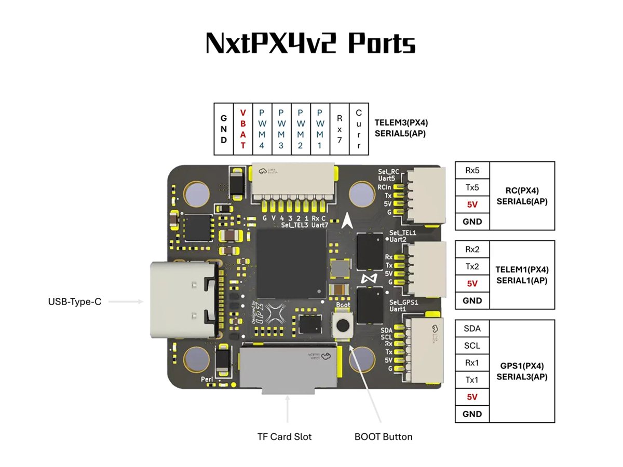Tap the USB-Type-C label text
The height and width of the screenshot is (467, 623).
tap(74, 301)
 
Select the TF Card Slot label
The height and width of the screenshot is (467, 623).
tap(285, 436)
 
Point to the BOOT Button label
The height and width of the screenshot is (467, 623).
tap(383, 436)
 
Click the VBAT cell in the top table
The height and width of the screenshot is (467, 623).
tap(242, 129)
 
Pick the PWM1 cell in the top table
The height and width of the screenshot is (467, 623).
tap(320, 129)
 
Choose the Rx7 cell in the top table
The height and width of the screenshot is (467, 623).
tap(340, 129)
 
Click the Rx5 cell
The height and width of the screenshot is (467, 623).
tap(472, 170)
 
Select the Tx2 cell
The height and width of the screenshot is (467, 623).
tap(472, 267)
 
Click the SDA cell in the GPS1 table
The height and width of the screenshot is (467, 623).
tap(472, 328)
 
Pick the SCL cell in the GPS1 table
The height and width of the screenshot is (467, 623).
tap(472, 346)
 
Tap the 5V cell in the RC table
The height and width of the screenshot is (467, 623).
tap(472, 204)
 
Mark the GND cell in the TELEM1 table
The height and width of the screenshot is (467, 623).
tap(472, 300)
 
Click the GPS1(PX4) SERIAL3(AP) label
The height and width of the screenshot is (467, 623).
tap(522, 371)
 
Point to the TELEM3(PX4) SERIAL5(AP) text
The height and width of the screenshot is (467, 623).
tap(401, 128)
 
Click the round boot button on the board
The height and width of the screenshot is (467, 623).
tap(343, 325)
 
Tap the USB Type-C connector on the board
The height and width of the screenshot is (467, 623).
tap(182, 301)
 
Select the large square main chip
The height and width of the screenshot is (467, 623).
tap(291, 262)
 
